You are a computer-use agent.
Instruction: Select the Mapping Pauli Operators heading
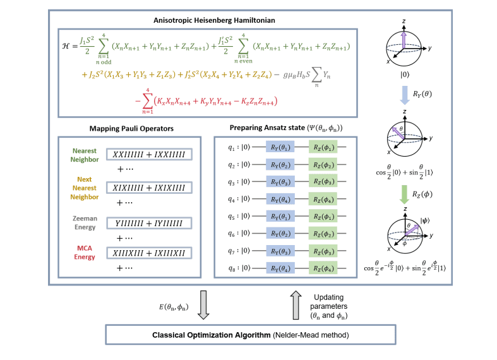tap(131, 129)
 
